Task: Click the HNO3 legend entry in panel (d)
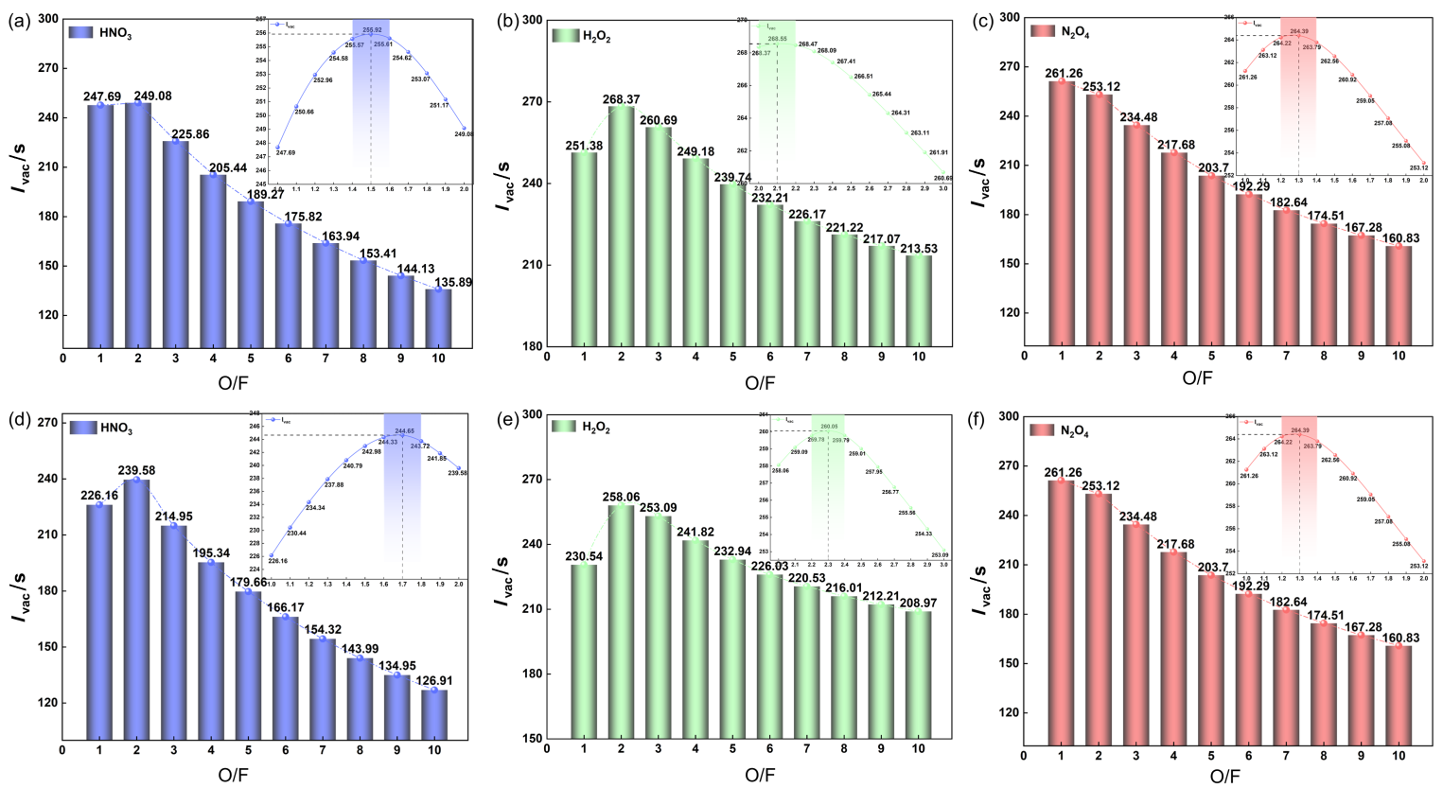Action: click(100, 429)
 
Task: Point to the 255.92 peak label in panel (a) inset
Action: click(371, 29)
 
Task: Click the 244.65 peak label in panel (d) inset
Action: click(404, 431)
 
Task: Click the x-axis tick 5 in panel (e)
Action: click(731, 749)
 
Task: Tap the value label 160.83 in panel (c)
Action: click(1399, 238)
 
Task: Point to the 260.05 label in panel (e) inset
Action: click(829, 426)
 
